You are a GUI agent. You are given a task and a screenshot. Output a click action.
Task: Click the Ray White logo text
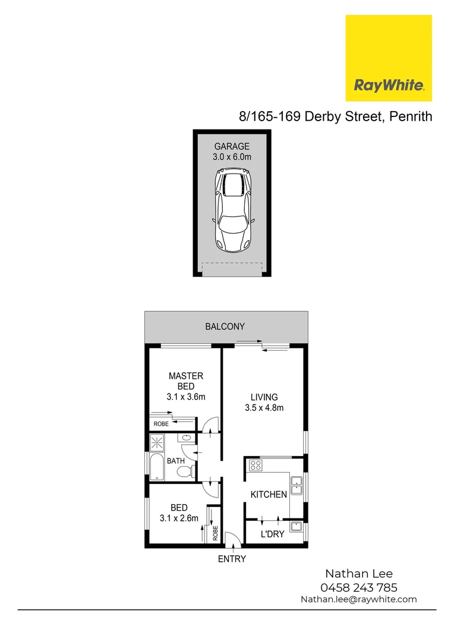tap(389, 85)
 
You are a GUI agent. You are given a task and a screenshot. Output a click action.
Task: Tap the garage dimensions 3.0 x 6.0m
tap(232, 158)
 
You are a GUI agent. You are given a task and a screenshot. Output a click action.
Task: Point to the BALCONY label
tap(225, 326)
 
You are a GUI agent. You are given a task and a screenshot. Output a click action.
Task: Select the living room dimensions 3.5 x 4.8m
tap(264, 408)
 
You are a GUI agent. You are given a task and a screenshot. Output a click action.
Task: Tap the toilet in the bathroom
tap(185, 471)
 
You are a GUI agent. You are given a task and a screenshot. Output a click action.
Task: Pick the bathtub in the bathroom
tap(157, 467)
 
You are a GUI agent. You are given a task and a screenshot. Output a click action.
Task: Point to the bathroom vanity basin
tap(186, 438)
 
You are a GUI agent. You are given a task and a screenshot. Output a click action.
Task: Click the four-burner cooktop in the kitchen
tap(256, 465)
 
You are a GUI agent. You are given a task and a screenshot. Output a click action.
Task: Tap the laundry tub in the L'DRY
tap(296, 526)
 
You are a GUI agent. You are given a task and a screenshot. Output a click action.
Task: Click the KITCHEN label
tap(269, 495)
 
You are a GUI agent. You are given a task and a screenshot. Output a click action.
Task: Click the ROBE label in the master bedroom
tap(161, 424)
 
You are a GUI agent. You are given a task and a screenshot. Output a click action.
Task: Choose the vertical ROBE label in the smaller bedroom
tap(215, 533)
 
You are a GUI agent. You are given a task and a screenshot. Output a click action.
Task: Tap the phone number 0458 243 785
tap(358, 587)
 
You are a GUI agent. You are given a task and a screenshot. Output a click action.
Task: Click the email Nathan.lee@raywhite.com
tap(358, 599)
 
